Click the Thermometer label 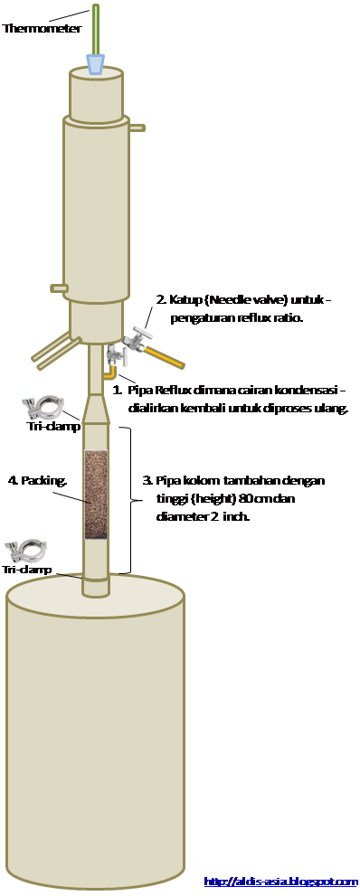(x=43, y=28)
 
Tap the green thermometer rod (x=96, y=30)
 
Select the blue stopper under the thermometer (x=96, y=64)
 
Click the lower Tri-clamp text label (x=27, y=569)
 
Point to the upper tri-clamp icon (x=43, y=408)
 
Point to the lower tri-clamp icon (x=25, y=551)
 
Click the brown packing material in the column (x=96, y=495)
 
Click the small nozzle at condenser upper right (x=137, y=127)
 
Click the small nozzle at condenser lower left (x=59, y=288)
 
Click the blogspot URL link (x=280, y=882)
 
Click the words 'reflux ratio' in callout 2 (x=272, y=318)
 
